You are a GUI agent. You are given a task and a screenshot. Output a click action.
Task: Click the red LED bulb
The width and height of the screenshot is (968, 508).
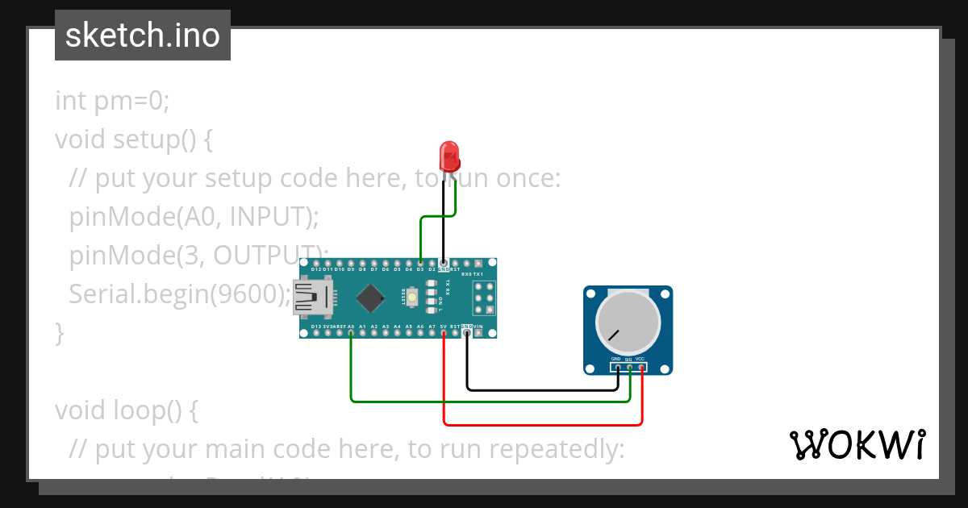(x=449, y=154)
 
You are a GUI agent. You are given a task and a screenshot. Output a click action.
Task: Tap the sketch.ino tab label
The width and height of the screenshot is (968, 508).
(x=143, y=35)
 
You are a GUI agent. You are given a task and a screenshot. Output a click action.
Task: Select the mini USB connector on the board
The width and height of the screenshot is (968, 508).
(x=312, y=298)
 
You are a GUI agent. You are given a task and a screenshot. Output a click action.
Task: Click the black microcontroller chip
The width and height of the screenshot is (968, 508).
(x=370, y=298)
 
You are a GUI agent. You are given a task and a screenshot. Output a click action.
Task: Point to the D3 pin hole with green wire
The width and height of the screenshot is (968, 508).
(x=420, y=263)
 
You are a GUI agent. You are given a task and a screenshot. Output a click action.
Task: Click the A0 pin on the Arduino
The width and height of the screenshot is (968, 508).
(x=351, y=332)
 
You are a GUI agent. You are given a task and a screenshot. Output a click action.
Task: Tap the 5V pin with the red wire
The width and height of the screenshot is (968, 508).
(x=444, y=332)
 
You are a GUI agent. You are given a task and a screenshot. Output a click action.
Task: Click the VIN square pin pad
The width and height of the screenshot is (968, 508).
(x=478, y=332)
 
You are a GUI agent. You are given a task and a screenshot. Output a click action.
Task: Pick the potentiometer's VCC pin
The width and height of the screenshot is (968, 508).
(x=641, y=369)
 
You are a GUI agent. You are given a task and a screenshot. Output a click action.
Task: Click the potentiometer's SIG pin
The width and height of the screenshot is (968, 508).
(x=629, y=369)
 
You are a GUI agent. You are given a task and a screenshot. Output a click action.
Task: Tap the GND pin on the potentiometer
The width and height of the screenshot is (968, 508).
(x=617, y=369)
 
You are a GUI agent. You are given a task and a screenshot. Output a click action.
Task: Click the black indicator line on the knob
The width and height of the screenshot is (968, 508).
(x=614, y=335)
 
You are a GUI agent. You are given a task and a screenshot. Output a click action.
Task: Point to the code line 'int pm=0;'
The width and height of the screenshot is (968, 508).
(x=112, y=101)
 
